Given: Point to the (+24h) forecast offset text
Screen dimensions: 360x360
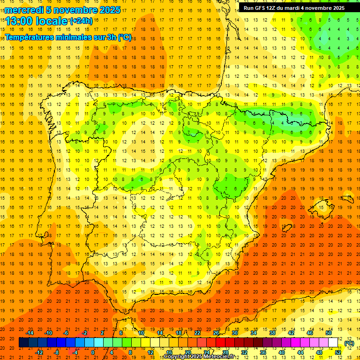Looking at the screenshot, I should (81, 21).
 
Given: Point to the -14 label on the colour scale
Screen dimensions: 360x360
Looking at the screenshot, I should (30, 333).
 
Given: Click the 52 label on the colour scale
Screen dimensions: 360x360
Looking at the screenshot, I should (338, 352).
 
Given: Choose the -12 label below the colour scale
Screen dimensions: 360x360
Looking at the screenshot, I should (39, 352).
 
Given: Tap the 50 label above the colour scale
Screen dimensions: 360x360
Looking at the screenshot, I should (329, 333).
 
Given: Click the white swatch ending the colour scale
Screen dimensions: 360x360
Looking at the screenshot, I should (333, 343).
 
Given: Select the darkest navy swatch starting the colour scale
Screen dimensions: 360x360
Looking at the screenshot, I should (23, 343).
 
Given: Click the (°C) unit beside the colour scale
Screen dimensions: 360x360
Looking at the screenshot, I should (349, 343).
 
